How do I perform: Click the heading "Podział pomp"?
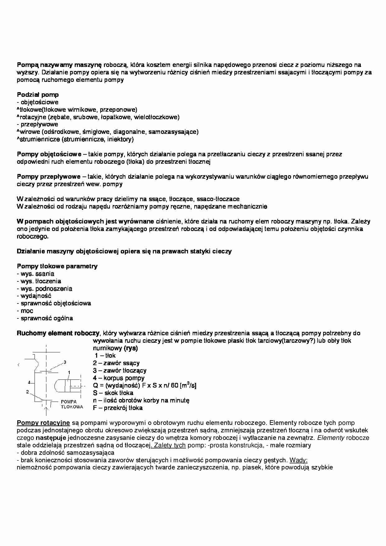[38, 95]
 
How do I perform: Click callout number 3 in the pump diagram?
[65, 362]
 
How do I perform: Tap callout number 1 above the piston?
[69, 372]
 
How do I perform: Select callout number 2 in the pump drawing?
[27, 392]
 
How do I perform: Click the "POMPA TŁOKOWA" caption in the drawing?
[72, 404]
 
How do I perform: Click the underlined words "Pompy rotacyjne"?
[43, 423]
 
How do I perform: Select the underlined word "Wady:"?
[298, 460]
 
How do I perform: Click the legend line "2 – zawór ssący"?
[116, 363]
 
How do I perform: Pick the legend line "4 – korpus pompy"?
[119, 378]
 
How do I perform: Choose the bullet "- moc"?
[25, 311]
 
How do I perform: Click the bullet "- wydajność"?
[34, 296]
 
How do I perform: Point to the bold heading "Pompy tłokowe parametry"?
[57, 266]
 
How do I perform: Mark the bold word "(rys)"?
[131, 348]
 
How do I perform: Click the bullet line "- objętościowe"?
[38, 102]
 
